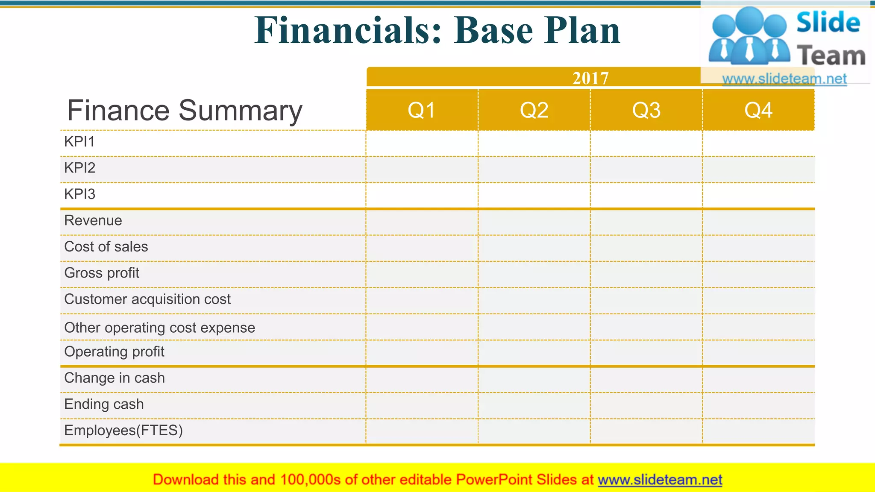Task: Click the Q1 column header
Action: [x=421, y=110]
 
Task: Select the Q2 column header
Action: [x=534, y=110]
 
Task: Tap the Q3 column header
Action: [x=646, y=110]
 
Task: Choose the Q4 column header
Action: [x=758, y=110]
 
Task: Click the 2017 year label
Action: [x=590, y=78]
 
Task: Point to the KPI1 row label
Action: [x=79, y=142]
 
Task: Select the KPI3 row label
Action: [x=80, y=194]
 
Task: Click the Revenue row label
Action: [x=93, y=220]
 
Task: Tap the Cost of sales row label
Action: [x=106, y=247]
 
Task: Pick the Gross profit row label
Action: [x=102, y=273]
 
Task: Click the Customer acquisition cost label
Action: [x=147, y=299]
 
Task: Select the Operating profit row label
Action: [x=114, y=352]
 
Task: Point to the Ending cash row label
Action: [x=104, y=404]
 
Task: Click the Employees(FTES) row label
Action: [x=123, y=430]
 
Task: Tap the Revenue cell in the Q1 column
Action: [x=422, y=222]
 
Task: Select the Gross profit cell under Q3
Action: [x=646, y=274]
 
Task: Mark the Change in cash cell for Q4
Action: [x=758, y=379]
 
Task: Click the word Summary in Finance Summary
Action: [x=240, y=111]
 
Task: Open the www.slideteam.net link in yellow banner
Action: [x=660, y=480]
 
